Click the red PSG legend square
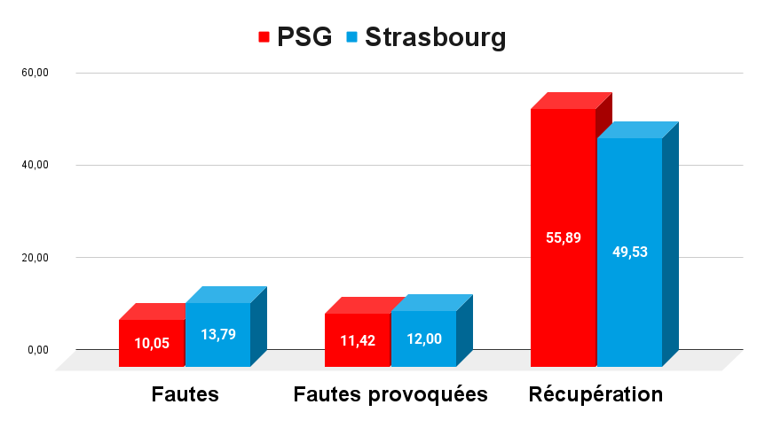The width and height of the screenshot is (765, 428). (264, 37)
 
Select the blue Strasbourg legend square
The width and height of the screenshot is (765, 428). (351, 37)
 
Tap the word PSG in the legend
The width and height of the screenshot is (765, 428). (304, 37)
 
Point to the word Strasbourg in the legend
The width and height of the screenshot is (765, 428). (435, 37)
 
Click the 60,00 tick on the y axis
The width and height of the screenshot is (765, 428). (35, 73)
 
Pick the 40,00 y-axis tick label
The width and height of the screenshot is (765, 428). (35, 165)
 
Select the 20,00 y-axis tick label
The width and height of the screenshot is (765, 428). (35, 258)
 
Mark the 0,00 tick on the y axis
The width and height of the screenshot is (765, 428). (37, 350)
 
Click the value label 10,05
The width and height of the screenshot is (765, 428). (152, 343)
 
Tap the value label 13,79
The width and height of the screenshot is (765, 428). (218, 335)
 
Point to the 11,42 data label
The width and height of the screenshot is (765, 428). (358, 339)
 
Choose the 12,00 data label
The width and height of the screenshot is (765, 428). (423, 339)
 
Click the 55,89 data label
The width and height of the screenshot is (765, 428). (563, 237)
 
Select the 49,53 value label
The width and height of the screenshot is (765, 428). (630, 252)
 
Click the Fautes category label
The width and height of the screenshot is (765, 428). (185, 394)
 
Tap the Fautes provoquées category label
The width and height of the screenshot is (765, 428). (390, 394)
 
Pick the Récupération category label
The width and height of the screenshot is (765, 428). (595, 394)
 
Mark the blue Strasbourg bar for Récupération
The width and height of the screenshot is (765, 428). (630, 195)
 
